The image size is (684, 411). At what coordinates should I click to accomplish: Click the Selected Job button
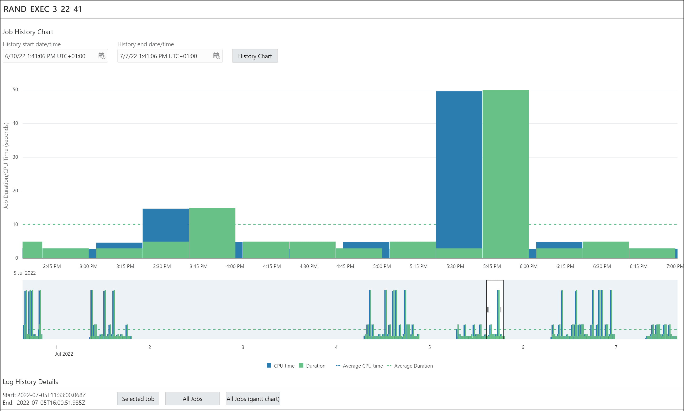click(x=138, y=399)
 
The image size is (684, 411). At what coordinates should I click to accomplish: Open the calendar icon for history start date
click(x=102, y=56)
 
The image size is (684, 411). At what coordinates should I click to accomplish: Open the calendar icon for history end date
click(x=216, y=56)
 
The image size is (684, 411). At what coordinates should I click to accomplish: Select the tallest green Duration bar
click(x=505, y=174)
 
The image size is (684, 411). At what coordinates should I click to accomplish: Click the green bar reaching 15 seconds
click(x=212, y=233)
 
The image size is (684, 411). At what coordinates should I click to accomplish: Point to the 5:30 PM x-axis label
click(x=455, y=266)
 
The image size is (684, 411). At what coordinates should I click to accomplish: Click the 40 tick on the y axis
click(x=16, y=123)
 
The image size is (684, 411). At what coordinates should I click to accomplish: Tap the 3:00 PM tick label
click(x=88, y=266)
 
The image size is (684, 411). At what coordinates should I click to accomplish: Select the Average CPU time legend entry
click(x=359, y=366)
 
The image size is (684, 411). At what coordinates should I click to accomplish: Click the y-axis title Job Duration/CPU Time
click(x=6, y=166)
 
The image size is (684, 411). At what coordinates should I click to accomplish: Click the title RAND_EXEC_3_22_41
click(x=43, y=9)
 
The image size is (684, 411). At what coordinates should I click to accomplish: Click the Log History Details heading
click(x=31, y=382)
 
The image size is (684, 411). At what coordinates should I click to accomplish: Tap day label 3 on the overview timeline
click(x=243, y=347)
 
